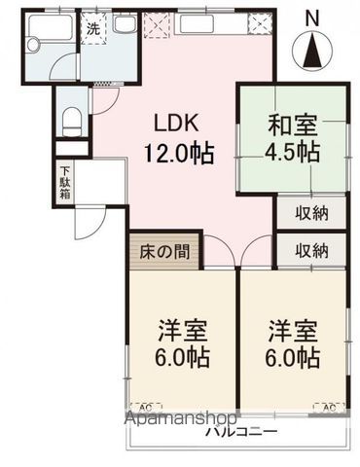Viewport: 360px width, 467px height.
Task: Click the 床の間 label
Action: pyautogui.click(x=164, y=251)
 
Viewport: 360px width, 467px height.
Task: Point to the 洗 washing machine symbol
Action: pyautogui.click(x=93, y=29)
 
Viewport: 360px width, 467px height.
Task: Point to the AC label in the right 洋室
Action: pyautogui.click(x=331, y=406)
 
